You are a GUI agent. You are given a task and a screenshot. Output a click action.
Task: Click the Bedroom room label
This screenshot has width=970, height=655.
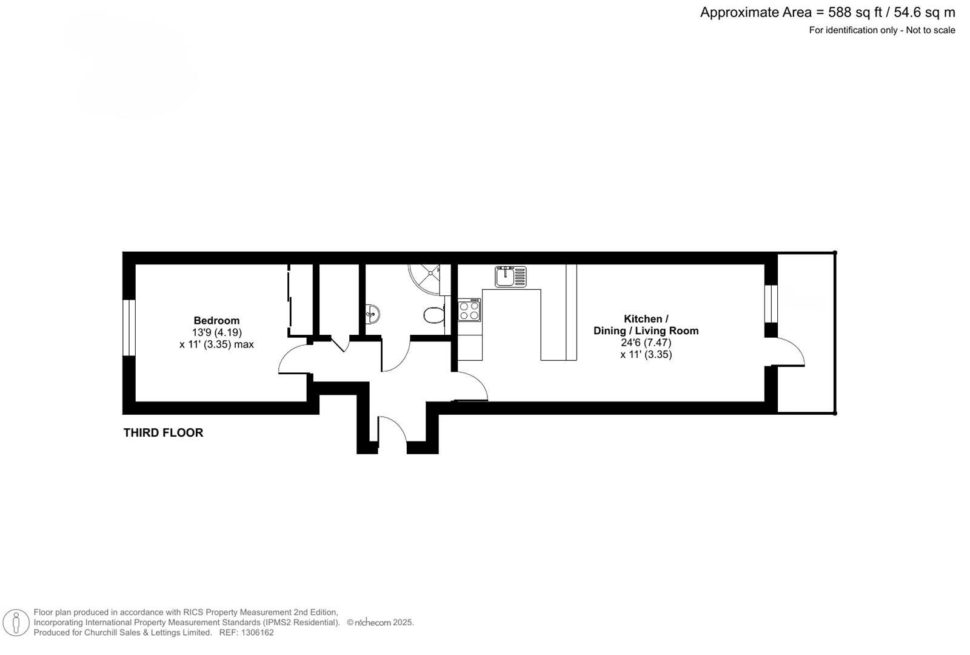coord(216,320)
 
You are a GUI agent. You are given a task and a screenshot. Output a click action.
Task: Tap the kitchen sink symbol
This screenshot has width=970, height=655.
coord(510,277)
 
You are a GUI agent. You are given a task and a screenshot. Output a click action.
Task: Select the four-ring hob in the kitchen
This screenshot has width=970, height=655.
coord(469,311)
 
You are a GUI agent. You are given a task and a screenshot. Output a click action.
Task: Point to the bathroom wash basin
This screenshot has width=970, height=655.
coord(373,314)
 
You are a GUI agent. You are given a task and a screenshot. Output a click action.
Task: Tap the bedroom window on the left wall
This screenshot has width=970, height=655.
coord(129,327)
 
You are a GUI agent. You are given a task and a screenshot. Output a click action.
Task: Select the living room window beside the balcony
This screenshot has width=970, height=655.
coord(771,303)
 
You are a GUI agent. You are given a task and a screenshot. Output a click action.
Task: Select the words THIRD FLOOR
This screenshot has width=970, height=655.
coord(163,432)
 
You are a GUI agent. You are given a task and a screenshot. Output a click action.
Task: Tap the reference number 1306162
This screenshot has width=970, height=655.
coord(257,633)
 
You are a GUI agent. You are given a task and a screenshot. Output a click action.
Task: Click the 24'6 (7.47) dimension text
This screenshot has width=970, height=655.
coord(646,342)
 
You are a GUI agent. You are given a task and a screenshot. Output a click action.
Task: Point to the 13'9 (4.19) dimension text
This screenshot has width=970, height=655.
coord(216,332)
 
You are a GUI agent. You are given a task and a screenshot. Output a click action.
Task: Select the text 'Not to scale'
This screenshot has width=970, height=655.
coord(930,30)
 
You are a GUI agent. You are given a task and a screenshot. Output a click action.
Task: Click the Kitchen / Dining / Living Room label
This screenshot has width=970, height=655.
coord(646,324)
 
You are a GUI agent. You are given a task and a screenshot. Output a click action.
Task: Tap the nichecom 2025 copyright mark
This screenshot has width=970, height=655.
coord(380,622)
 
